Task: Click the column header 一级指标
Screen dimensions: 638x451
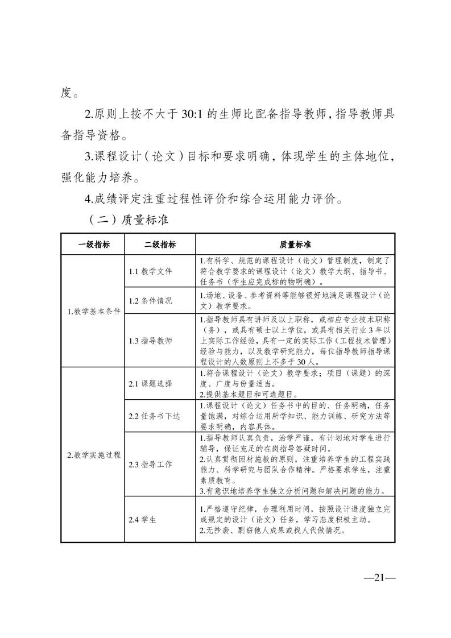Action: tap(94, 245)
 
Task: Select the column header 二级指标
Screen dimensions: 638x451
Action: tap(160, 245)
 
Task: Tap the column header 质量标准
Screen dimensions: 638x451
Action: tap(295, 245)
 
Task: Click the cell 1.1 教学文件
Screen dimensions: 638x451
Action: tap(150, 271)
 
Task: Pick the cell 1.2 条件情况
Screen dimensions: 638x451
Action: tap(150, 300)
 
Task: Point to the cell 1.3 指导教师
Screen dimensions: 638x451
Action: tap(150, 341)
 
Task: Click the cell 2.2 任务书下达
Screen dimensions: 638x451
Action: tap(154, 416)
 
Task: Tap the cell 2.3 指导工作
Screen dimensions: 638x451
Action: tap(150, 465)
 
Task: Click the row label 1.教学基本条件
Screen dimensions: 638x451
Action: tap(94, 311)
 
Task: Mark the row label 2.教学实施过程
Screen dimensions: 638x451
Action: tap(94, 455)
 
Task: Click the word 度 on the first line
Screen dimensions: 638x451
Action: tap(66, 92)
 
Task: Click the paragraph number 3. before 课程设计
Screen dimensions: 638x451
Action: tap(88, 156)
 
